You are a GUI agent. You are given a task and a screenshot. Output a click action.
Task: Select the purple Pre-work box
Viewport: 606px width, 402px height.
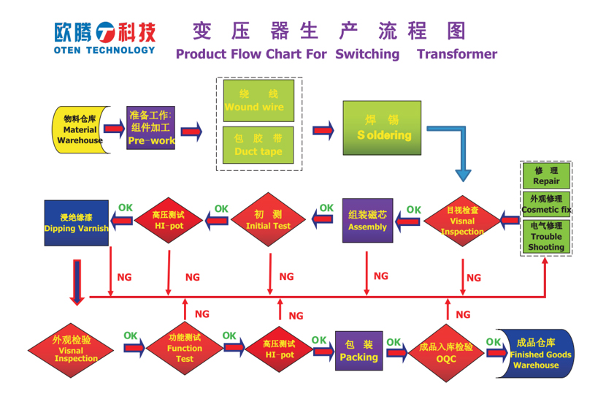coord(150,127)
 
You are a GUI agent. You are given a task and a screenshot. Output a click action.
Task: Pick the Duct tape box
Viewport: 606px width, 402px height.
coord(258,145)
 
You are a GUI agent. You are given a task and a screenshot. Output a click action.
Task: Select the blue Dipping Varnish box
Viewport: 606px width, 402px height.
coord(76,222)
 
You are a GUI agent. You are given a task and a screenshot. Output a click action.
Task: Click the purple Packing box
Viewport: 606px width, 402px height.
coord(358,352)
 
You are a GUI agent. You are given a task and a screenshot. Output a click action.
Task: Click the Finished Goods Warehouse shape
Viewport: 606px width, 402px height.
coord(537,354)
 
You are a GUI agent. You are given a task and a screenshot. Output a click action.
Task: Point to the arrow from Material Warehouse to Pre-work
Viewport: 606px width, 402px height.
coord(114,129)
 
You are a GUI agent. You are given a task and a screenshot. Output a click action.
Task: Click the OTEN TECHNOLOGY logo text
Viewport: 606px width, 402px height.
coord(104,50)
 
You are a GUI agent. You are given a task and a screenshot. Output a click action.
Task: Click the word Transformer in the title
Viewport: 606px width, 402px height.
coord(457,54)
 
